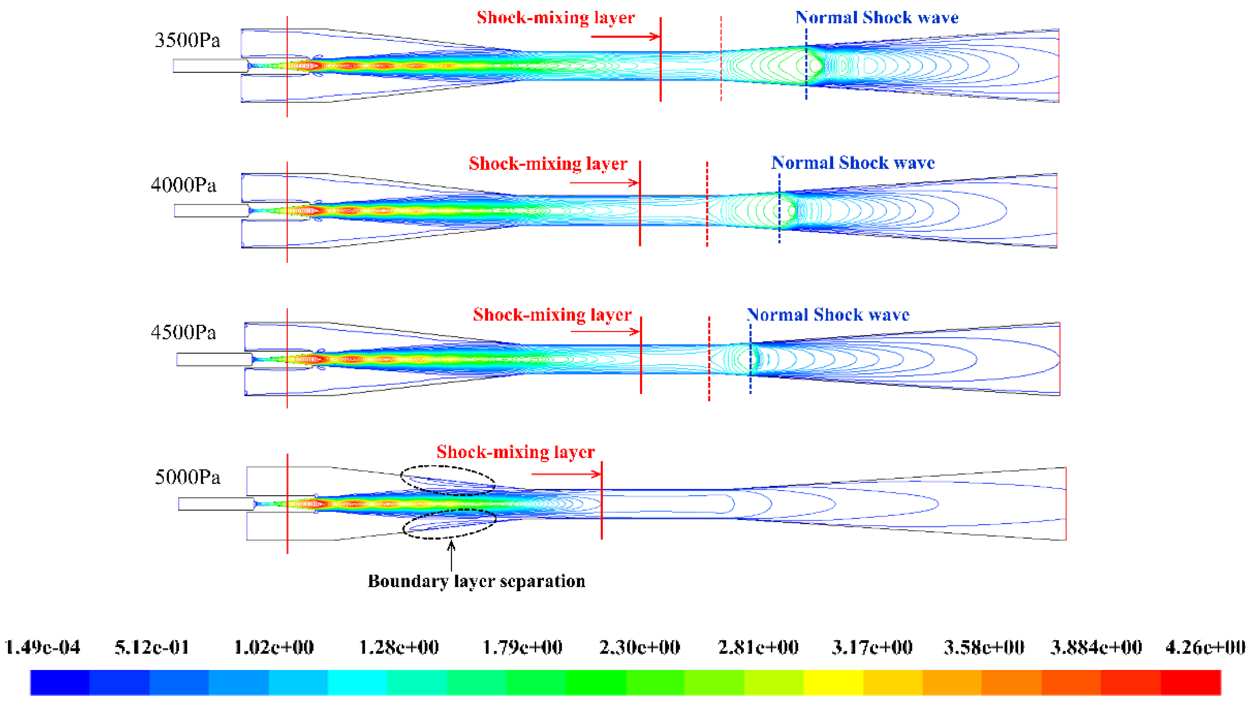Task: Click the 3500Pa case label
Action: pos(187,40)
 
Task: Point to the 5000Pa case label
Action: pos(187,477)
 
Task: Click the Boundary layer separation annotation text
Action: pos(476,581)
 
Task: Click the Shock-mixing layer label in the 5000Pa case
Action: pos(515,452)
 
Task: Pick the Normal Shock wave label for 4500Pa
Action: pos(827,315)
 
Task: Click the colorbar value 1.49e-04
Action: pos(42,647)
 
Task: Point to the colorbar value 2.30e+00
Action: pos(639,647)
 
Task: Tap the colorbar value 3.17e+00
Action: pos(872,647)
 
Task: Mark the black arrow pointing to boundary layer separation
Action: pos(451,556)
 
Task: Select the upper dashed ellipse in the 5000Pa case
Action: pos(448,480)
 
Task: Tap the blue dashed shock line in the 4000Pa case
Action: pos(779,209)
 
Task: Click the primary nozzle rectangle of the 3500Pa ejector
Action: pos(210,66)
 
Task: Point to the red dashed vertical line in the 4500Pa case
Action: pos(709,359)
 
